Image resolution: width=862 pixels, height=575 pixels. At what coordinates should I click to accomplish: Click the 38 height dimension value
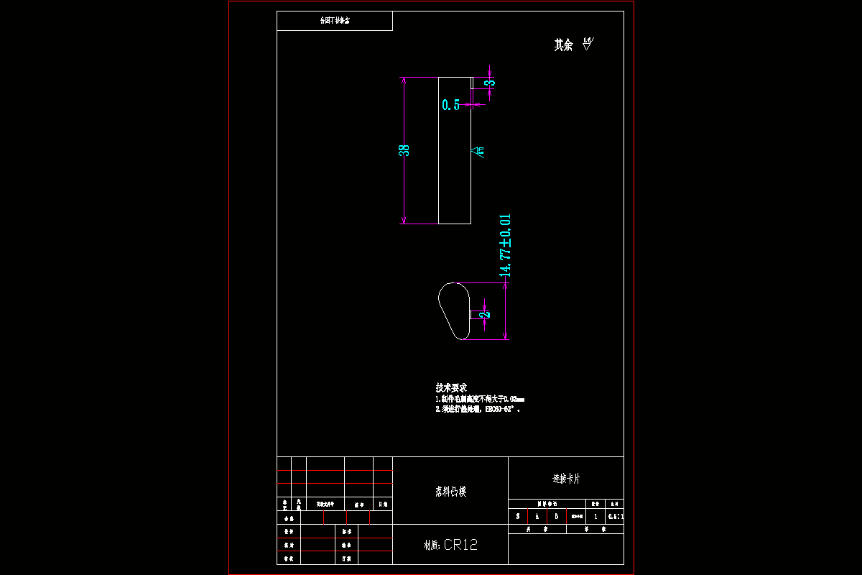click(x=404, y=150)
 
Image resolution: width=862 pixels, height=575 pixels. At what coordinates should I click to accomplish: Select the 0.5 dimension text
click(x=450, y=105)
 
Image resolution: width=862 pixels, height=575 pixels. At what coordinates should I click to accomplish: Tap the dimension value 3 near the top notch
click(x=491, y=83)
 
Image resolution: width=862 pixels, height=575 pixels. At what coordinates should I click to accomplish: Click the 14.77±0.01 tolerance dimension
click(x=506, y=246)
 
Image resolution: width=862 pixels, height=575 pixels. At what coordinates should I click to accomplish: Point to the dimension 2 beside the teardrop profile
click(x=486, y=313)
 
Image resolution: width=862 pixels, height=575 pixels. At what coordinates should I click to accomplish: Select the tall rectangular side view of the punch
click(x=455, y=150)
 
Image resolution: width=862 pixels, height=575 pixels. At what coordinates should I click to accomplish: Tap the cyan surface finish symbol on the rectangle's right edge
click(x=478, y=151)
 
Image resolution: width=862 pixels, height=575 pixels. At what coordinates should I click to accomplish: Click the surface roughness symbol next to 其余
click(x=588, y=44)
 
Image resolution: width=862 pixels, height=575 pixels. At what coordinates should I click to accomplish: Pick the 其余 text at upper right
click(x=563, y=45)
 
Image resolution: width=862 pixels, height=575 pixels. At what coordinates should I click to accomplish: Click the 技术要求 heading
click(x=451, y=387)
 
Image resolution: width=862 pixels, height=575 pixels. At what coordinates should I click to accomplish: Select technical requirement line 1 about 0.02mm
click(x=480, y=398)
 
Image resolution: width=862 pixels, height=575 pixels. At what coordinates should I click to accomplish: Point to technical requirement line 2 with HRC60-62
click(x=477, y=409)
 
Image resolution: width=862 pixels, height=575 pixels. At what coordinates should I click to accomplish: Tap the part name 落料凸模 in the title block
click(x=450, y=492)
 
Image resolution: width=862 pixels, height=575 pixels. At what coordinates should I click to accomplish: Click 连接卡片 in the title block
click(x=566, y=478)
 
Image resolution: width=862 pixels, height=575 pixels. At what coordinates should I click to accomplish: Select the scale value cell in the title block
click(x=616, y=516)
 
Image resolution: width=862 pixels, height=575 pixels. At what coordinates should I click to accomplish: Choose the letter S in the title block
click(x=518, y=516)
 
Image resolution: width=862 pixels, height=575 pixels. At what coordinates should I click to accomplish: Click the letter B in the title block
click(x=556, y=516)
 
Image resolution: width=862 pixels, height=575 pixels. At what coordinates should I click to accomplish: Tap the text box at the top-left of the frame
click(x=335, y=21)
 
